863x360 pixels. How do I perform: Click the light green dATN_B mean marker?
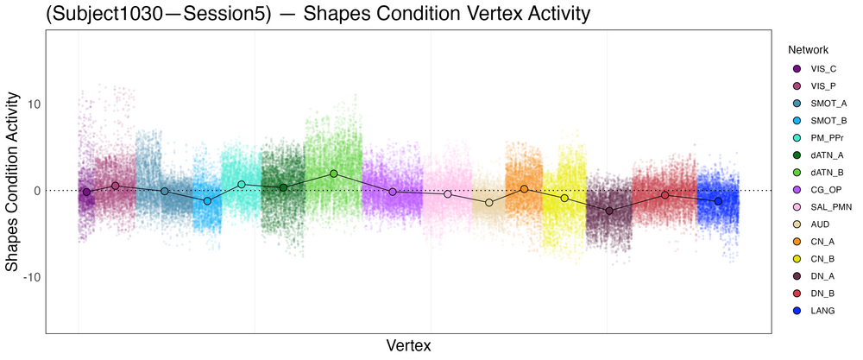coord(334,174)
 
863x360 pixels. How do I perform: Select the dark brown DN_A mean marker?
coord(609,211)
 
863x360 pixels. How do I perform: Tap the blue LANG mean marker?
coord(718,201)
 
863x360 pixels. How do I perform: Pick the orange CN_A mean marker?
coord(524,189)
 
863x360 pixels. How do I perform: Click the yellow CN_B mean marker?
coord(564,199)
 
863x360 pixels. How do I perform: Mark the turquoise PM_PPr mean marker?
coord(242,185)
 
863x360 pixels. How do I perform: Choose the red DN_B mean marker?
coord(665,195)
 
